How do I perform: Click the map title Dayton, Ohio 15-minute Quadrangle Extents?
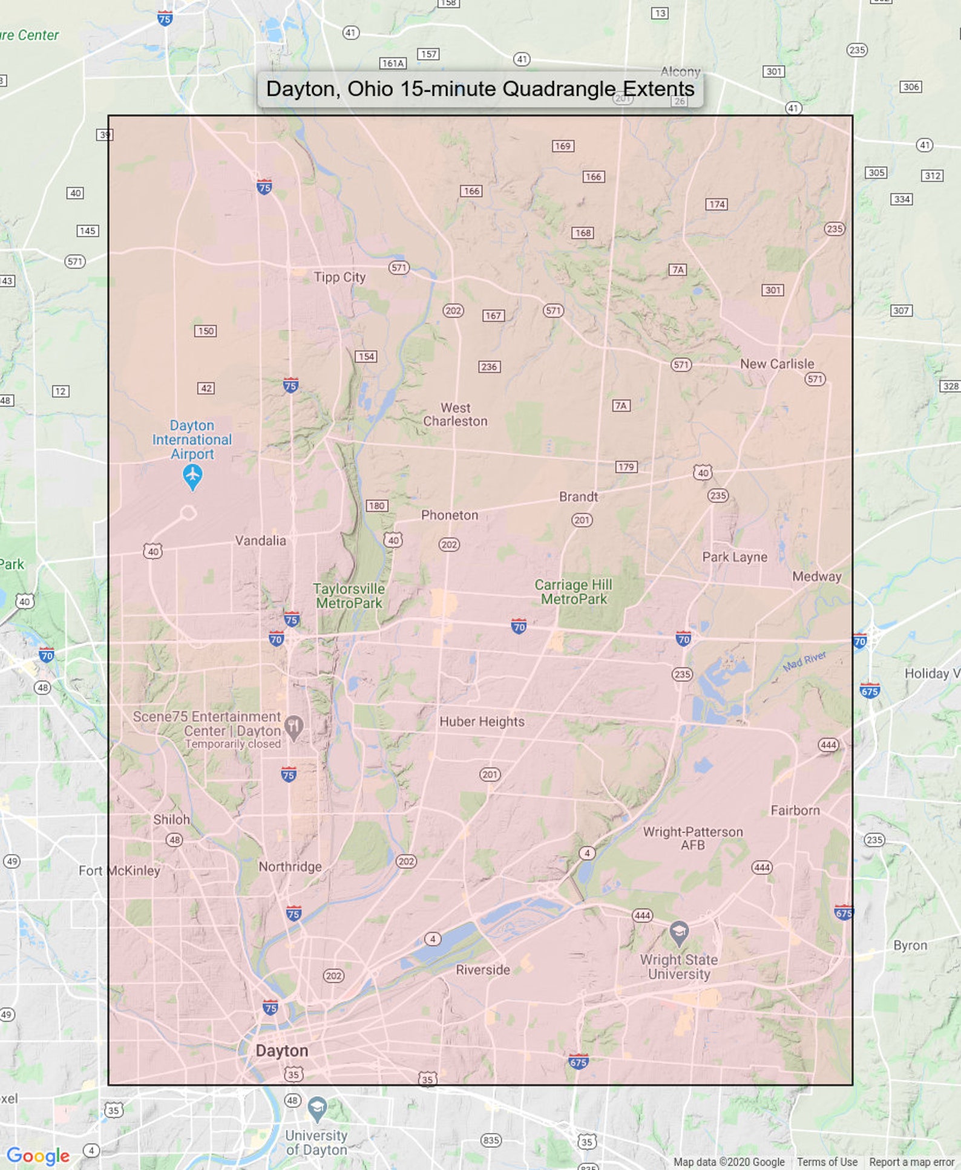480,89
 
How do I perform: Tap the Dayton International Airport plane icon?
192,477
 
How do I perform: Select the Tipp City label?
339,277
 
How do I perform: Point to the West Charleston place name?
455,414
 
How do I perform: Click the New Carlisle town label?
777,364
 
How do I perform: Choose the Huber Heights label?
482,721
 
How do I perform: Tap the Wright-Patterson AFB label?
693,838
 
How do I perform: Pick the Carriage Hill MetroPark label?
573,592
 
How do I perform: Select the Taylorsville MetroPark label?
349,596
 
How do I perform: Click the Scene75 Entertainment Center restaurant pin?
294,727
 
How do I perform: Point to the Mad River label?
804,661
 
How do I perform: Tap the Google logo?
38,1155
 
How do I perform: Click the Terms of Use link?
827,1162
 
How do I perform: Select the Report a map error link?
911,1162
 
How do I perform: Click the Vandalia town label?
260,540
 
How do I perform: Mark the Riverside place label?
483,970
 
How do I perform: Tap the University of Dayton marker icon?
317,1108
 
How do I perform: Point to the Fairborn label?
795,810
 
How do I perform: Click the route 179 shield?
626,466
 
